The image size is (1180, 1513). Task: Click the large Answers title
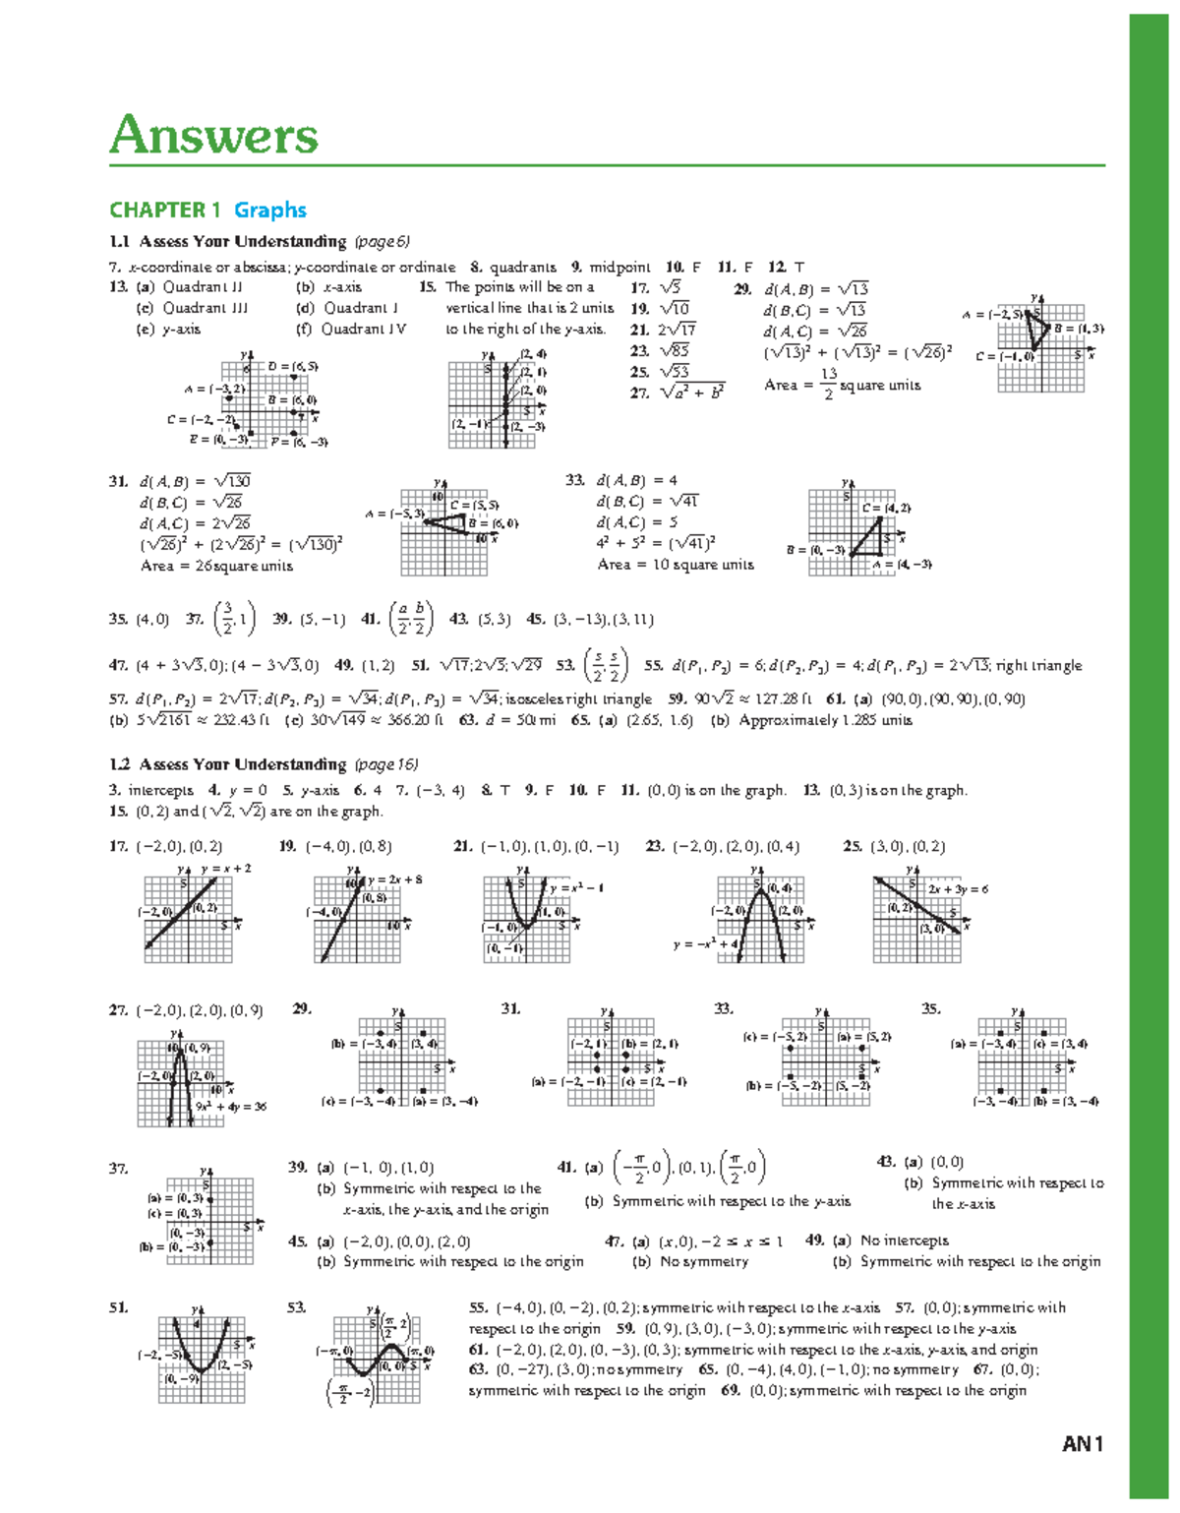pos(214,135)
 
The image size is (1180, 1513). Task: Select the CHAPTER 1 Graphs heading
pos(207,210)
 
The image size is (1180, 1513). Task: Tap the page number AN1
pos(1083,1444)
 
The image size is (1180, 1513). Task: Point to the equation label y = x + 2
pos(226,869)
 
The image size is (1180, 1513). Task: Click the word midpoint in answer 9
pos(619,267)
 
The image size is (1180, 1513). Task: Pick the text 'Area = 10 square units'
pos(676,565)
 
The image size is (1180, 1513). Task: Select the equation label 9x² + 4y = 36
pos(231,1107)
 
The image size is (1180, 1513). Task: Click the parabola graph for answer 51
pos(202,1356)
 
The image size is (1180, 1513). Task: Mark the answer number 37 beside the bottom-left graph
pos(118,1169)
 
